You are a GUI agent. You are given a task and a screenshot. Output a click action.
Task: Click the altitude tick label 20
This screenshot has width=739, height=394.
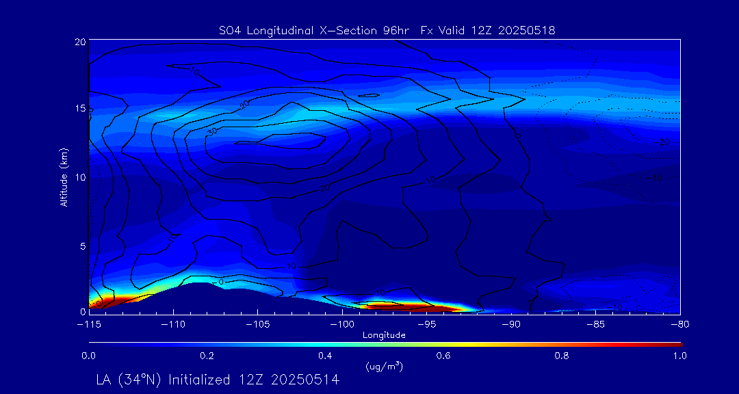click(79, 42)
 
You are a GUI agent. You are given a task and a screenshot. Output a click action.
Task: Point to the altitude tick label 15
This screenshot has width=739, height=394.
click(79, 109)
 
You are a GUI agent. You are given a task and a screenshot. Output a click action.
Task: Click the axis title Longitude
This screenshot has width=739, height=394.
click(384, 334)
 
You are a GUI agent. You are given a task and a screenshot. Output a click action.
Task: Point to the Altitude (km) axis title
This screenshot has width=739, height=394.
click(63, 176)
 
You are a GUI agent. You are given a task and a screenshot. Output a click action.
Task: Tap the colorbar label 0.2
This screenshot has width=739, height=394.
click(207, 356)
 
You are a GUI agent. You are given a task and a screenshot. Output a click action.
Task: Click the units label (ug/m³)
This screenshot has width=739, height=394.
click(384, 367)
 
